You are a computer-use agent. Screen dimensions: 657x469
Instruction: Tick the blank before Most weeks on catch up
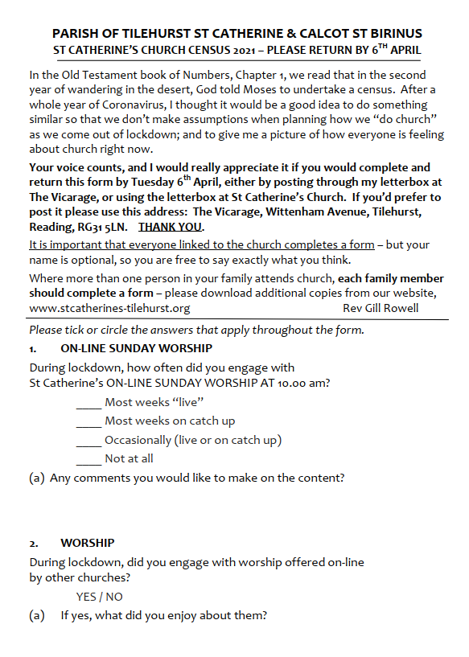(x=88, y=421)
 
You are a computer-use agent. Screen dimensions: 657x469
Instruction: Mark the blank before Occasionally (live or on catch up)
(x=88, y=441)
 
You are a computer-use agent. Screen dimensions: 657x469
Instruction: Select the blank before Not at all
(x=88, y=459)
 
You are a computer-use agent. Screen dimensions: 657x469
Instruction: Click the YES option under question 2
(x=86, y=597)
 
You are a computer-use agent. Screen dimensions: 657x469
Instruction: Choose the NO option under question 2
(x=115, y=597)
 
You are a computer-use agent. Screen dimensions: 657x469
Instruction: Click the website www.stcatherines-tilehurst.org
(x=109, y=308)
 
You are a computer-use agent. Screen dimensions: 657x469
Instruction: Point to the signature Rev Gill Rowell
(x=381, y=308)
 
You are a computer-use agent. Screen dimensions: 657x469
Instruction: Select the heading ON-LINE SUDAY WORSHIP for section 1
(x=136, y=348)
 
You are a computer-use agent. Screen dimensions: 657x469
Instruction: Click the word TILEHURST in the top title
(x=151, y=34)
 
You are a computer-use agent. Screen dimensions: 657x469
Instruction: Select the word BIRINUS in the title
(x=393, y=34)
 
